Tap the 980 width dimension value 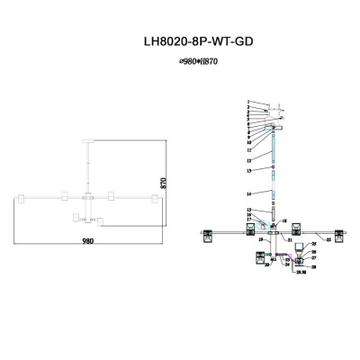click(x=87, y=241)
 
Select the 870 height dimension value click(x=163, y=181)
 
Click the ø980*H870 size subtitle click(x=180, y=61)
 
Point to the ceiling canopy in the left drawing click(x=86, y=140)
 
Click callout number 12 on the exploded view click(x=249, y=160)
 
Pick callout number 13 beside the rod click(x=249, y=170)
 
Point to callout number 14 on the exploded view click(x=249, y=193)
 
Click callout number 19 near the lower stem click(x=259, y=240)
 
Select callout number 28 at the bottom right click(x=314, y=267)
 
